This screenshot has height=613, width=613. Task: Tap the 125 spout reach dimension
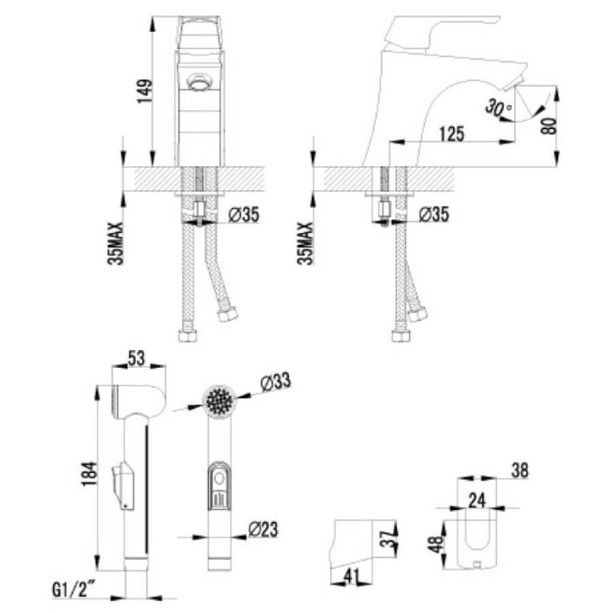pyautogui.click(x=452, y=133)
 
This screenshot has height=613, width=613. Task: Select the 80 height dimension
pyautogui.click(x=549, y=125)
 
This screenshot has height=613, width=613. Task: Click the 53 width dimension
pyautogui.click(x=136, y=358)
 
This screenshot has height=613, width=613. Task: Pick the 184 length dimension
pyautogui.click(x=89, y=474)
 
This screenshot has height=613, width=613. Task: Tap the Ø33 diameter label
pyautogui.click(x=276, y=381)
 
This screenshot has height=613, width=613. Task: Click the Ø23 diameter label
pyautogui.click(x=263, y=529)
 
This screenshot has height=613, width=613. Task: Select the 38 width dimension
pyautogui.click(x=520, y=470)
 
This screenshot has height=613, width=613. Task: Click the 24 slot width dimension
pyautogui.click(x=477, y=501)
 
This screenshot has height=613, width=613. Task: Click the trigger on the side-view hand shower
pyautogui.click(x=123, y=486)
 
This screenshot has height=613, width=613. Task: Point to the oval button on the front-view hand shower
pyautogui.click(x=219, y=478)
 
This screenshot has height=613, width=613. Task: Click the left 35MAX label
pyautogui.click(x=115, y=244)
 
